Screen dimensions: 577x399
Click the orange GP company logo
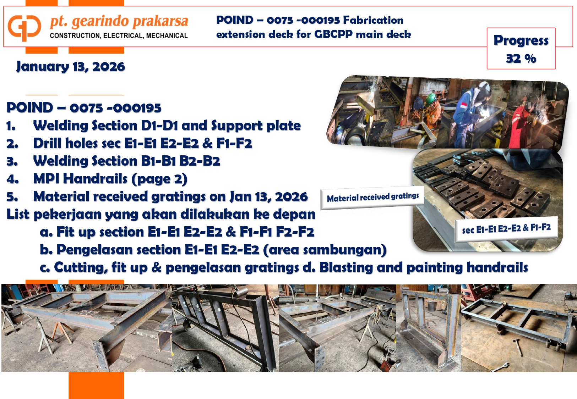(24, 28)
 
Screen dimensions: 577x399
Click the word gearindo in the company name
(102, 22)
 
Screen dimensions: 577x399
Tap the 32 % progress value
(521, 59)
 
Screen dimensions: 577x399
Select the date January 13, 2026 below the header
(71, 67)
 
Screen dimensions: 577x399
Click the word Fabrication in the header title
(373, 20)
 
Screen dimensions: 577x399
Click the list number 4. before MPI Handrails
(12, 179)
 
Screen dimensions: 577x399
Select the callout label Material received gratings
(373, 197)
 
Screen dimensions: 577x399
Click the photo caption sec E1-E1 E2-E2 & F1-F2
(506, 228)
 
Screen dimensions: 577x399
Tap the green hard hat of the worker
(430, 98)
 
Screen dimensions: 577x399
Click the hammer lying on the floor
(517, 347)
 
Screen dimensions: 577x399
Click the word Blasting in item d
(346, 267)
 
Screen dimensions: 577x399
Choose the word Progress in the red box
(521, 41)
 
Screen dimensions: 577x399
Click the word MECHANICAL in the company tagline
(167, 35)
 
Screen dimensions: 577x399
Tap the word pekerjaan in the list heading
(67, 215)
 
